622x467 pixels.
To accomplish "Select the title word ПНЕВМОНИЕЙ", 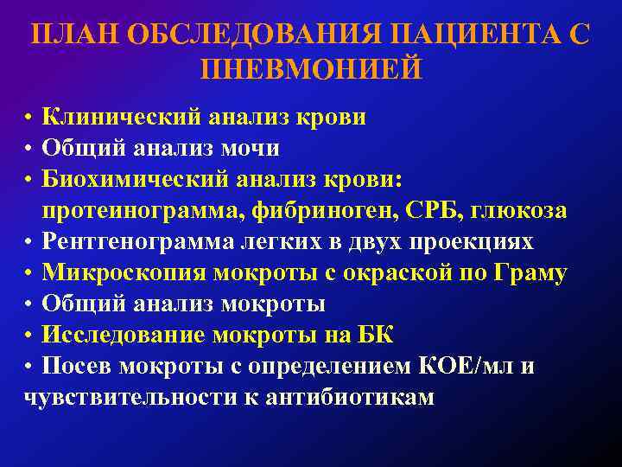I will (311, 68).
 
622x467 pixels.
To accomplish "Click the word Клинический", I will (128, 117).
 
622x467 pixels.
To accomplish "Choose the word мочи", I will (251, 148).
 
